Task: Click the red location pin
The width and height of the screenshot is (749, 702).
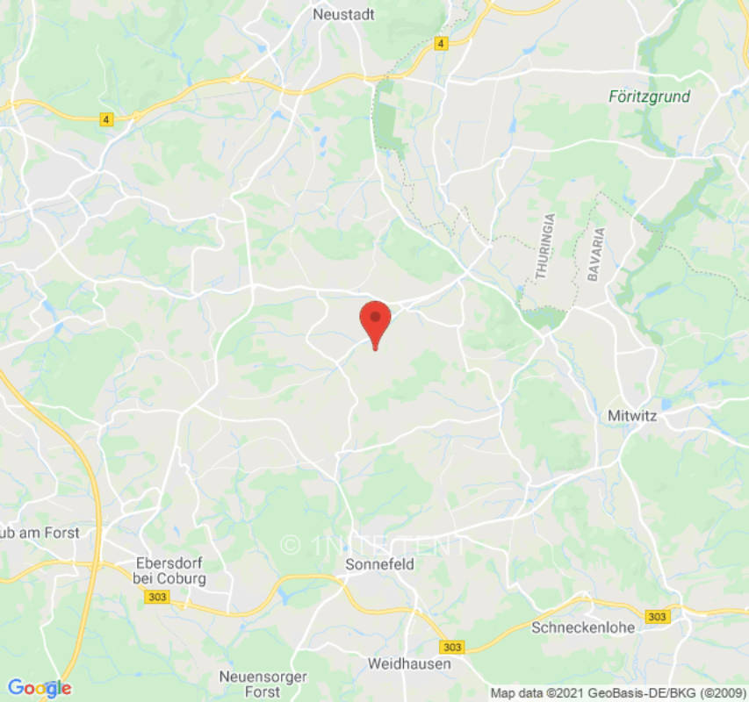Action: [376, 321]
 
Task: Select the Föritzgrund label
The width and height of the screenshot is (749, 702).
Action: [649, 97]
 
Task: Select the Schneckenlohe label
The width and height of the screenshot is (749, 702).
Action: [576, 627]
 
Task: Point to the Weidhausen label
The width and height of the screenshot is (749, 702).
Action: [409, 663]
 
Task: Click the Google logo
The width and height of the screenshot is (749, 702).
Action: [39, 688]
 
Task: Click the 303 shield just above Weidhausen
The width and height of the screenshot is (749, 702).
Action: [451, 647]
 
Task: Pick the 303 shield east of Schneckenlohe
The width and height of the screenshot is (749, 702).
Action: [656, 617]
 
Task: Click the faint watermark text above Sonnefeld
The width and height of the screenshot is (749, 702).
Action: [374, 545]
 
